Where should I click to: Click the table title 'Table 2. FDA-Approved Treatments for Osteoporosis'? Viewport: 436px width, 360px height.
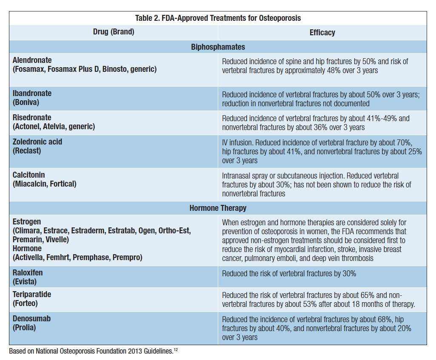pos(218,18)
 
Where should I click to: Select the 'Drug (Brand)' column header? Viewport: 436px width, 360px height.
pos(114,32)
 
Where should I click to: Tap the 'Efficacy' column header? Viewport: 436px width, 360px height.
pos(322,32)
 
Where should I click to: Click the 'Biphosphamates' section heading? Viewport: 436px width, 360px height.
pos(218,47)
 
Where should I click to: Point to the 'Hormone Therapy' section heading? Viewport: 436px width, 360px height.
pos(218,208)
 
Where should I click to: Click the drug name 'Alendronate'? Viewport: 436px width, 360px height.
pos(32,60)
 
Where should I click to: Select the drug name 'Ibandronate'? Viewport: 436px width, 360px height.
pos(32,94)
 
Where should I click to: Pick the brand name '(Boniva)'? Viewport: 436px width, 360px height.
pos(26,102)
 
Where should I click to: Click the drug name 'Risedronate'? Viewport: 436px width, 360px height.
pos(32,118)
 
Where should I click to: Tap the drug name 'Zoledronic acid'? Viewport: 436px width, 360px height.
pos(37,142)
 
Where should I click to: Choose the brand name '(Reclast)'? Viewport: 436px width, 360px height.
pos(27,150)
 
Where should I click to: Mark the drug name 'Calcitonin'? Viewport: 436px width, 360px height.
pos(29,175)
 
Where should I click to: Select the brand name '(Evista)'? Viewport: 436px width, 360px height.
pos(25,282)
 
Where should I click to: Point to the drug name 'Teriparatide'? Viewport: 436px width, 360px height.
pos(32,295)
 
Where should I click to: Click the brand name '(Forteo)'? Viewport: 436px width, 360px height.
pos(26,303)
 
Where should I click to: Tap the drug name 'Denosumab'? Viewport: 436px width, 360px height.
pos(31,319)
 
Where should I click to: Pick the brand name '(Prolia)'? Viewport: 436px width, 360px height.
pos(25,327)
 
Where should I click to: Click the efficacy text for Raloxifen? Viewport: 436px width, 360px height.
pos(289,274)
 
